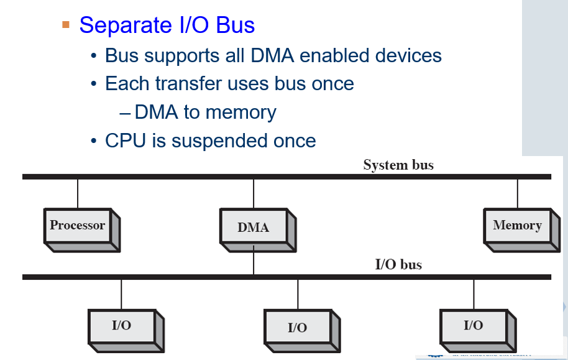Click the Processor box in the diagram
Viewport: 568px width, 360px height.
pyautogui.click(x=78, y=225)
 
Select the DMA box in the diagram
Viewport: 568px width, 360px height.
pyautogui.click(x=253, y=227)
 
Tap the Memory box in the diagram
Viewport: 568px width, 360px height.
pyautogui.click(x=517, y=225)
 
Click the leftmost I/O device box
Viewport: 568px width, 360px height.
pyautogui.click(x=122, y=325)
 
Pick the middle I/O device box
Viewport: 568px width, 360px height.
pyautogui.click(x=297, y=327)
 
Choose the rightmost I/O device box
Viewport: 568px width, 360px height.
pyautogui.click(x=473, y=325)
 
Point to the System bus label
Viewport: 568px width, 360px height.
pyautogui.click(x=398, y=165)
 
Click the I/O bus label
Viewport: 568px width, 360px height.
pyautogui.click(x=398, y=265)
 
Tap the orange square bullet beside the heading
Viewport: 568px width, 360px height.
pyautogui.click(x=66, y=25)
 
